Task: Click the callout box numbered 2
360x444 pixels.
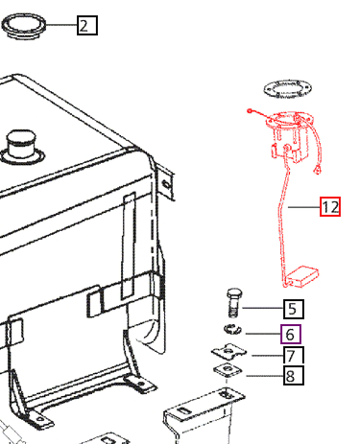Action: pos(87,25)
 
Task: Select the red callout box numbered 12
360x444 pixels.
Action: pos(330,207)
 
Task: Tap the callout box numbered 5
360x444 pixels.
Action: pos(294,309)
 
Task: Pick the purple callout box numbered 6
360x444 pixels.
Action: pos(291,334)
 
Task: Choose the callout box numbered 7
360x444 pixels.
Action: pos(294,355)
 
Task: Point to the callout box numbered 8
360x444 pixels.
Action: pos(294,375)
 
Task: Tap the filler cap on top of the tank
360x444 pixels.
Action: pos(21,147)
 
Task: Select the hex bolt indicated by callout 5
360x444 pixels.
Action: pos(234,303)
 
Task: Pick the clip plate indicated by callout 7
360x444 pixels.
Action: pos(228,352)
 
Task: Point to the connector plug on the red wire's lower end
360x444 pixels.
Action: pos(318,170)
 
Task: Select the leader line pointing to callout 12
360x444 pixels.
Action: pos(304,207)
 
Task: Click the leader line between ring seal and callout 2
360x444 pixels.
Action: pos(61,25)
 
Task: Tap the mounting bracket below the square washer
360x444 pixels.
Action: pos(204,415)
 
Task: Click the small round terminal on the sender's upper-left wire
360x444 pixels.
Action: pos(250,110)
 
